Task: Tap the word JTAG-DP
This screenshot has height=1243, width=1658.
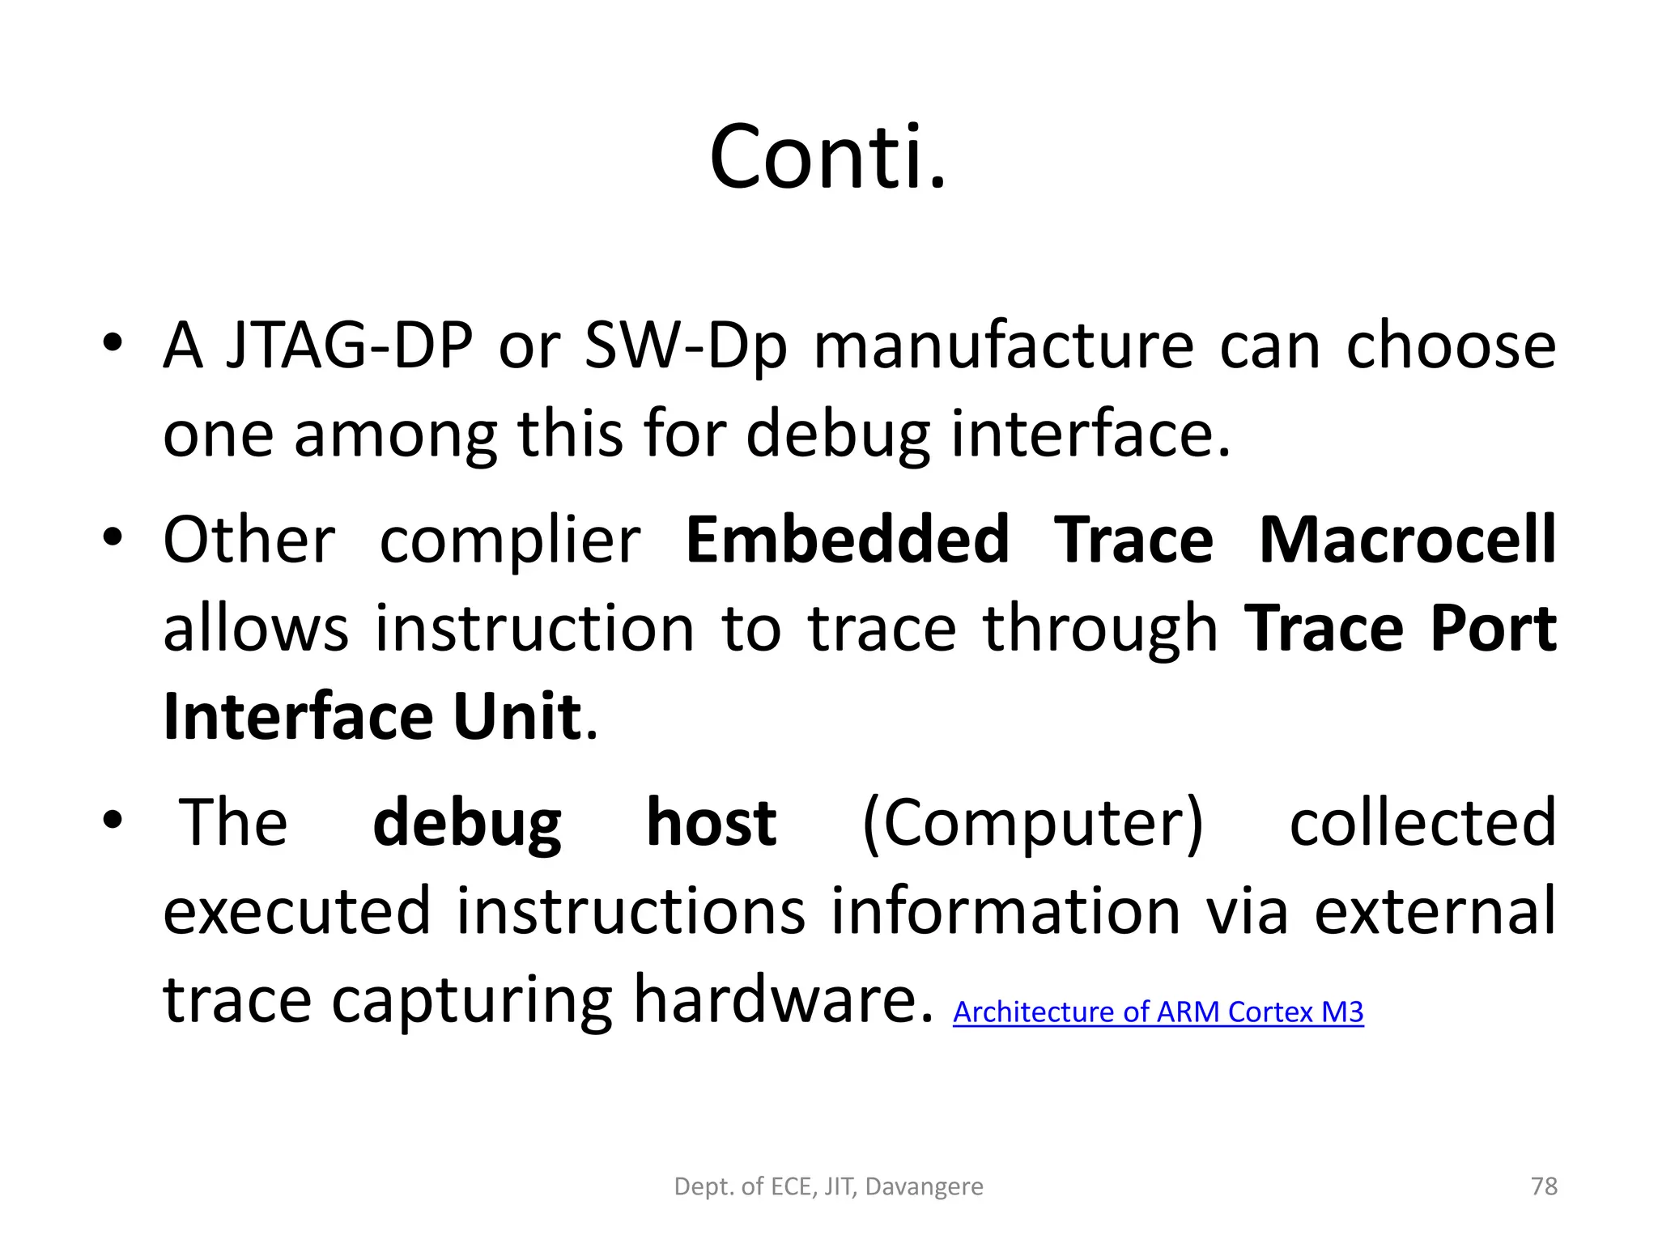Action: click(349, 346)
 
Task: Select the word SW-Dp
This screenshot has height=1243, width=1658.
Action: click(685, 346)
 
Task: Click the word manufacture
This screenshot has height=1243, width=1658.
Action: click(1003, 346)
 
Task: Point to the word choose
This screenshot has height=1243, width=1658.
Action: click(1451, 346)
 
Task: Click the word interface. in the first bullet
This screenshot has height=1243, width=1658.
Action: click(1090, 434)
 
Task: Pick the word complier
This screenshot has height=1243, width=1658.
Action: click(510, 541)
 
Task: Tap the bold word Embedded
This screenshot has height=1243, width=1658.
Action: click(848, 541)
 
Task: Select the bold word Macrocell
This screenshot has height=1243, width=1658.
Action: click(1408, 541)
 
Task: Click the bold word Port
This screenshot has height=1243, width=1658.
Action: click(1492, 629)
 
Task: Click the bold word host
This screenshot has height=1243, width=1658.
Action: click(711, 823)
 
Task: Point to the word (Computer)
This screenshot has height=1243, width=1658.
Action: click(1033, 823)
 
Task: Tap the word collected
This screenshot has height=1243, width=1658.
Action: click(1422, 823)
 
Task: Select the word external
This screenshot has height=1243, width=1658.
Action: click(1435, 911)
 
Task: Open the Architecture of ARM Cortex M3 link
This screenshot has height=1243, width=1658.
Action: click(1158, 1012)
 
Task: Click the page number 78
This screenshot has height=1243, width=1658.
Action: click(1544, 1186)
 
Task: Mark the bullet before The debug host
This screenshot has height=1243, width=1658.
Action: click(113, 820)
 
